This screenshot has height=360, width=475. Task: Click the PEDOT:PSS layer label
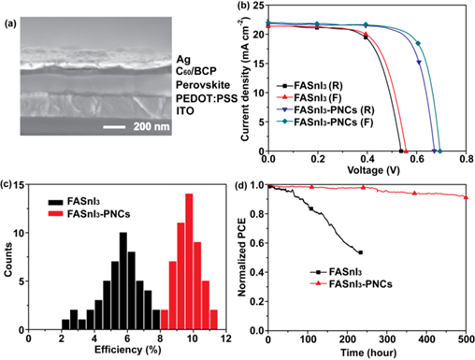point(207,98)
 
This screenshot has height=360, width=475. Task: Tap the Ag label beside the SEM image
point(183,59)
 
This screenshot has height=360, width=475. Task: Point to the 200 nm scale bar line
point(114,127)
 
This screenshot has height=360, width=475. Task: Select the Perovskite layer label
point(203,85)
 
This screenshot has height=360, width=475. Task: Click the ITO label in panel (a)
point(185,111)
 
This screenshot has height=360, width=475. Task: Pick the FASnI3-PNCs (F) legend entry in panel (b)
point(325,122)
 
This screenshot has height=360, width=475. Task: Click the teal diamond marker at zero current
point(440,151)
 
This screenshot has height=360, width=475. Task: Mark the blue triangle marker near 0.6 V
point(419,63)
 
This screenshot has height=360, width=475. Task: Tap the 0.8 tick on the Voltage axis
point(466,159)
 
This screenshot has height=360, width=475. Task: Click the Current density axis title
point(246,79)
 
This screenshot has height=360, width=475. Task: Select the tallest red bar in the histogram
point(189,262)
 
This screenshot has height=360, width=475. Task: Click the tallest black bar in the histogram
point(123,281)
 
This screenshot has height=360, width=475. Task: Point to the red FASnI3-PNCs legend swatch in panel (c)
point(56,214)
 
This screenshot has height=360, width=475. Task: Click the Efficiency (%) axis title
point(128,350)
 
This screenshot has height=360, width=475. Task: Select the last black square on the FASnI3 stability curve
point(361,252)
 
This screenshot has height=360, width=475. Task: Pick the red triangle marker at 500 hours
point(466,197)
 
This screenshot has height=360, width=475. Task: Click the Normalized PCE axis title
point(242,257)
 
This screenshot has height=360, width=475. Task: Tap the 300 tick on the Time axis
point(387,339)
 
